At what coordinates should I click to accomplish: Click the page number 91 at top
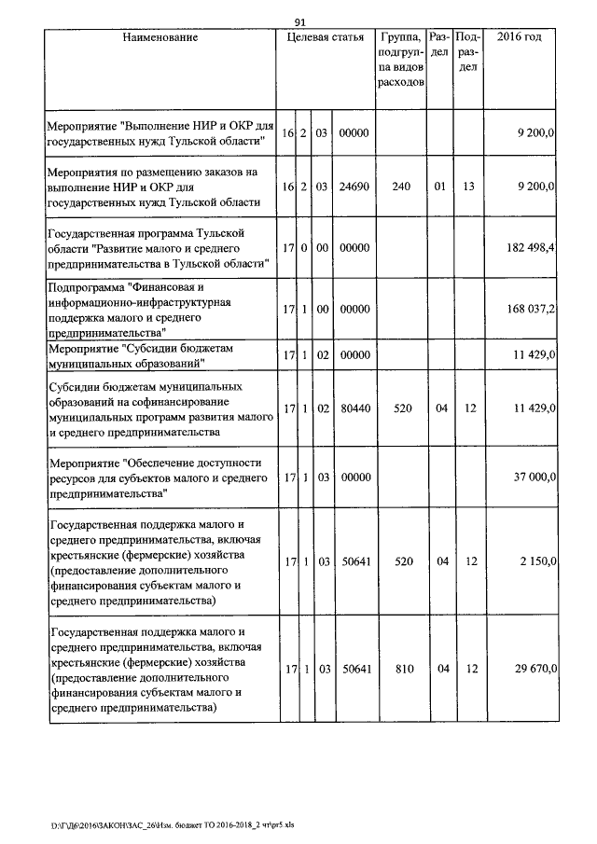(300, 22)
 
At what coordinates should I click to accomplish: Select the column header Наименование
(159, 38)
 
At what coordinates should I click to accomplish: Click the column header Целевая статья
(326, 38)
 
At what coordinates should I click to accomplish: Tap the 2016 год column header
(520, 38)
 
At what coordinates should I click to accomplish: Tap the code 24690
(354, 187)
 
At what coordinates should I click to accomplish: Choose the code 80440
(354, 408)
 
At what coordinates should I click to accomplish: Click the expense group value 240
(401, 187)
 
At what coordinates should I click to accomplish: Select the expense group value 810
(401, 669)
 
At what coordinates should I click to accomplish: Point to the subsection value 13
(468, 187)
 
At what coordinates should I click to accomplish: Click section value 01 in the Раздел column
(438, 187)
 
